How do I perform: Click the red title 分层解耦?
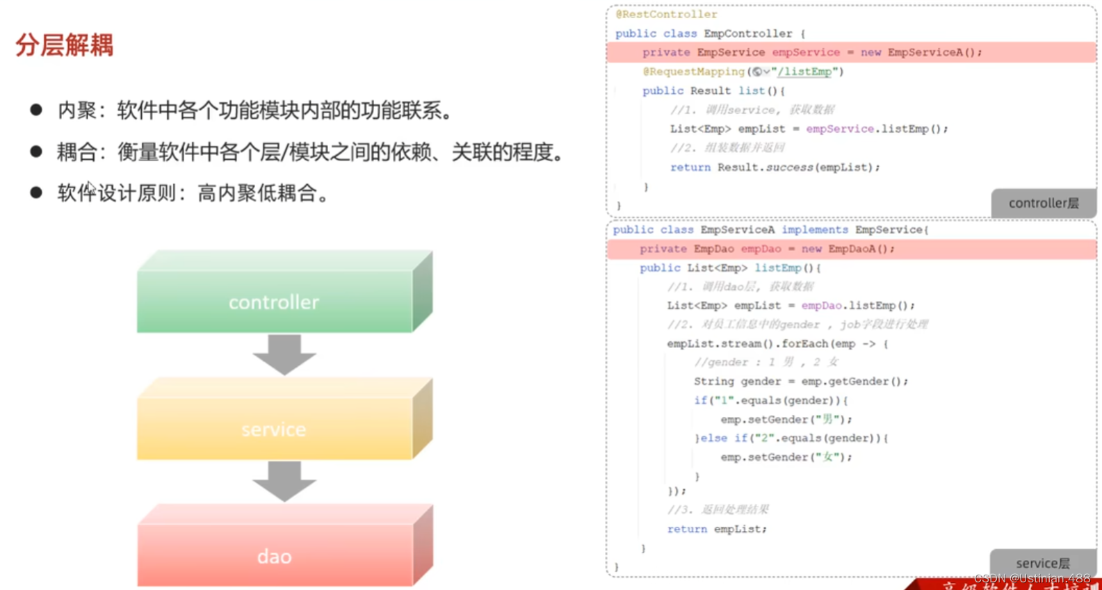tap(64, 46)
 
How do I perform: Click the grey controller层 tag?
tap(1043, 203)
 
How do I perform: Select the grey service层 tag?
tap(1042, 563)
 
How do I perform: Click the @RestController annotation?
tap(666, 15)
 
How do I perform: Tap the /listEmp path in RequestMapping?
tap(804, 72)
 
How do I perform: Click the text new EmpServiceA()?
tap(921, 52)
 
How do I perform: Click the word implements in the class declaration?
tap(814, 230)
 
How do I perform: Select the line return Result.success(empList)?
tap(775, 167)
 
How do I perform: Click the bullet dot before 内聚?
tap(36, 110)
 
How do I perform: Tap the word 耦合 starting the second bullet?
tap(76, 152)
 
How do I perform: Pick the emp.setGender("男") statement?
tap(786, 420)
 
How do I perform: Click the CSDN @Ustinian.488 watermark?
tap(1032, 578)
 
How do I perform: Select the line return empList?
tap(716, 529)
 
